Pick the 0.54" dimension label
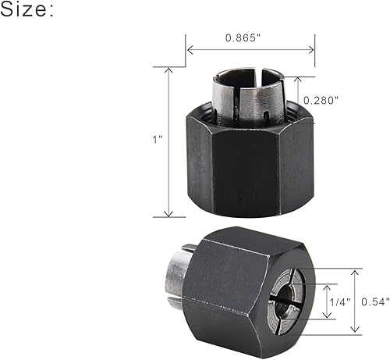pyautogui.click(x=371, y=301)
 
